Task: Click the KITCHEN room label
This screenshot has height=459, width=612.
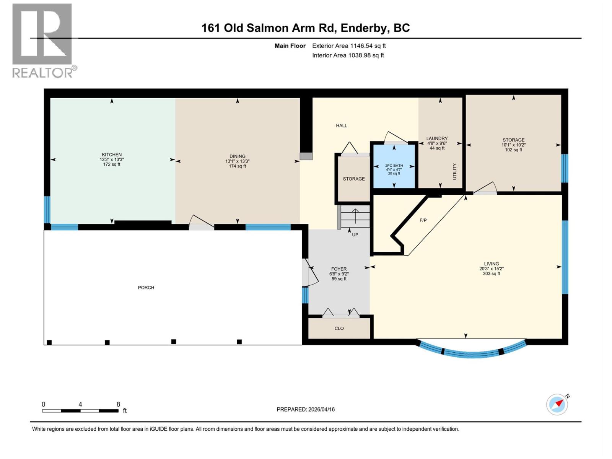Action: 112,155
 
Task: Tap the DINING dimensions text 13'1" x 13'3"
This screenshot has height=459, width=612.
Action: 237,161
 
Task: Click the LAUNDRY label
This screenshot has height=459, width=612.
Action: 437,138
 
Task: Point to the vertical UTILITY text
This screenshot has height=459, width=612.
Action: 454,171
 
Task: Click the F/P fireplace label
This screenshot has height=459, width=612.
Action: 423,220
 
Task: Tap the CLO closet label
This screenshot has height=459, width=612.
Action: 339,328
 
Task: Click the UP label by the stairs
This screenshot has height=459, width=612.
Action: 355,234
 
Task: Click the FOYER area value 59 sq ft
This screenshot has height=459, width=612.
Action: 339,279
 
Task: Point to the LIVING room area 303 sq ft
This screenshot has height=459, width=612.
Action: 492,273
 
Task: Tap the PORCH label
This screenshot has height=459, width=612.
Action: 146,287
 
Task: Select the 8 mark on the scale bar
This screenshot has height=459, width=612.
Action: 118,404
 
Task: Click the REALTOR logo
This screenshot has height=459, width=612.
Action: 42,40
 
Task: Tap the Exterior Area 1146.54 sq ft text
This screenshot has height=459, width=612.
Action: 349,46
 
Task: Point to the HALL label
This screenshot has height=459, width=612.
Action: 342,125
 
